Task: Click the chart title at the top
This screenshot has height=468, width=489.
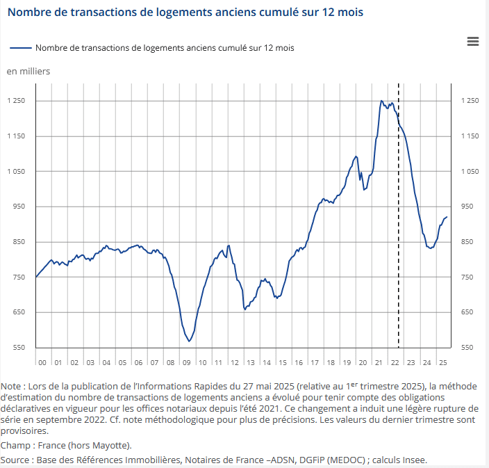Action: tap(185, 13)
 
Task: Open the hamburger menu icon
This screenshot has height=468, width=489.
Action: tap(473, 42)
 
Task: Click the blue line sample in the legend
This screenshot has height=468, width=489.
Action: tap(21, 48)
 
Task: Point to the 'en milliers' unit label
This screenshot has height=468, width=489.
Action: tap(28, 71)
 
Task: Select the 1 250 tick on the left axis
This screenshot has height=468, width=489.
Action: tap(16, 102)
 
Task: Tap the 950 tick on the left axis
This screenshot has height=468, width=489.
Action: tap(18, 207)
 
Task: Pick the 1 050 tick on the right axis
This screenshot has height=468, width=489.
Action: tap(471, 172)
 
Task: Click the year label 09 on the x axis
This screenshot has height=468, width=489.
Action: tap(186, 363)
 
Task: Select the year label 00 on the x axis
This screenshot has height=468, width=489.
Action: tap(42, 363)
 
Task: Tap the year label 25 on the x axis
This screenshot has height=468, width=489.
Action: tap(442, 363)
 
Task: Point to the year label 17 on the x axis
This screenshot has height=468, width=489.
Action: tap(314, 363)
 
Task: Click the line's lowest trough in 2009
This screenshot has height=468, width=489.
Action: tap(189, 341)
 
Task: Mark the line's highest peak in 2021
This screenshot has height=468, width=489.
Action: tap(381, 101)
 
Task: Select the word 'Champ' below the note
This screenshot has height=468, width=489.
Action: tap(16, 445)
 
